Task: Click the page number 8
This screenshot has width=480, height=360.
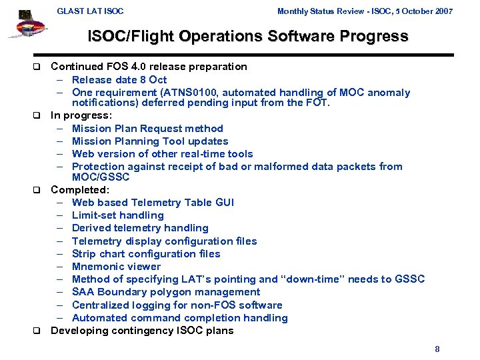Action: point(437,349)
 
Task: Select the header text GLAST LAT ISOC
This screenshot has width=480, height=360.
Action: point(90,11)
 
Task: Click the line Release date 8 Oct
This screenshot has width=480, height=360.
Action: point(119,80)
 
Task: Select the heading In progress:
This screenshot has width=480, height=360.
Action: point(81,115)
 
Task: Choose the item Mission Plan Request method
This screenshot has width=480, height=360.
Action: point(147,128)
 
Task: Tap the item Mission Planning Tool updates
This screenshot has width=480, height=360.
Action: point(150,141)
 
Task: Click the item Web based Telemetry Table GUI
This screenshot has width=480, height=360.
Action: point(153,203)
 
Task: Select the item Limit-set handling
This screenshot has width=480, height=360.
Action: point(117,215)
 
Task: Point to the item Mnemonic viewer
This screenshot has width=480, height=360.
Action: point(116,267)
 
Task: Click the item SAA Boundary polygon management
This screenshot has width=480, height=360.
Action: point(166,292)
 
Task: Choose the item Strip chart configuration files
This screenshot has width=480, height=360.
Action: point(146,254)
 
